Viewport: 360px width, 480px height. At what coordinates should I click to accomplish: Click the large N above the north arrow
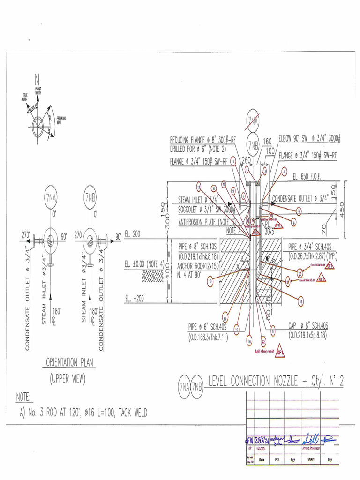coord(36,79)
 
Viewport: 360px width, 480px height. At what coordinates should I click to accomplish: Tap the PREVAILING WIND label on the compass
coord(61,120)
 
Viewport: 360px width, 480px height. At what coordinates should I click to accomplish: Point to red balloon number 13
coord(210,281)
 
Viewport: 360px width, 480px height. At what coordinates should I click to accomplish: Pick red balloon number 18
coord(301,302)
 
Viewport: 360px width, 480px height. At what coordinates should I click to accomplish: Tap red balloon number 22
coord(263,343)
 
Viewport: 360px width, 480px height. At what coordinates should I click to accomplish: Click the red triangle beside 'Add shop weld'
coord(280,352)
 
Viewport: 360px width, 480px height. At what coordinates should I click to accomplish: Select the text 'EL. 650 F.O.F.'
coord(308,177)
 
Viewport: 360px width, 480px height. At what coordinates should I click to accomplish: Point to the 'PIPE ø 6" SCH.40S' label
coord(207,326)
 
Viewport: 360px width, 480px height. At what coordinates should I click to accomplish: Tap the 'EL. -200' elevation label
coord(134,298)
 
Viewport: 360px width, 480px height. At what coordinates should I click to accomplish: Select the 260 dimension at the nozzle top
coord(246,160)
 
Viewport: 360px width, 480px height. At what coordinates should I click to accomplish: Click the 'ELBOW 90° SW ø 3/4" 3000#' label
coord(309,139)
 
